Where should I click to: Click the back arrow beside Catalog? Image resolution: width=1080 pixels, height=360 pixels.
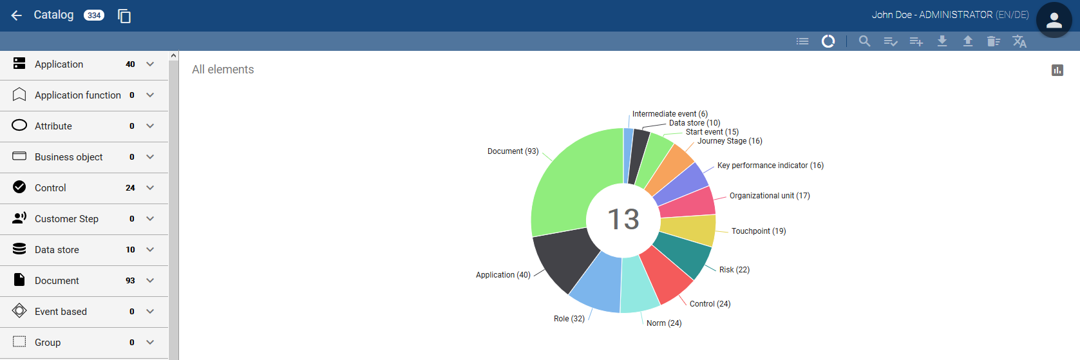click(17, 15)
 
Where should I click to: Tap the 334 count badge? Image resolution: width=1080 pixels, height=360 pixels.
click(94, 15)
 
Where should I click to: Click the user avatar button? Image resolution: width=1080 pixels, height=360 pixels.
click(1054, 21)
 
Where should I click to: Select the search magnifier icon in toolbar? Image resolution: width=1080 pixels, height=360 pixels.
click(864, 41)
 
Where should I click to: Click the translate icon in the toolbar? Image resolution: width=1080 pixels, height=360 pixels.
click(1019, 41)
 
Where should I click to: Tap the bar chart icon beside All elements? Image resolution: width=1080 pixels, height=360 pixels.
click(1057, 70)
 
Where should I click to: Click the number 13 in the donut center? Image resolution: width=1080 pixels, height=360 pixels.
click(623, 220)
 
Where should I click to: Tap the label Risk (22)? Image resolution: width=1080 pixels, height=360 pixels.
click(734, 270)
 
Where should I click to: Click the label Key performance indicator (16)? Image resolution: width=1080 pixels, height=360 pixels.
click(770, 166)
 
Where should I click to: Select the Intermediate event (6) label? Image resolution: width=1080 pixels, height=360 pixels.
click(670, 114)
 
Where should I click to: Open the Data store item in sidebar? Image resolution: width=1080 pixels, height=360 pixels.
click(57, 250)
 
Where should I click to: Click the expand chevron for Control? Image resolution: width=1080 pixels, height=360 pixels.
click(150, 188)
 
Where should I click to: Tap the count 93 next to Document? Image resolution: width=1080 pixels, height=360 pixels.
click(130, 281)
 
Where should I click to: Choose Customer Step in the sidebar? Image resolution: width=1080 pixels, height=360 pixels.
click(66, 219)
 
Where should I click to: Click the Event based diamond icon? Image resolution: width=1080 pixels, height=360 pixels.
click(19, 311)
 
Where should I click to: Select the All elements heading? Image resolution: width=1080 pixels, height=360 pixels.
click(223, 70)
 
